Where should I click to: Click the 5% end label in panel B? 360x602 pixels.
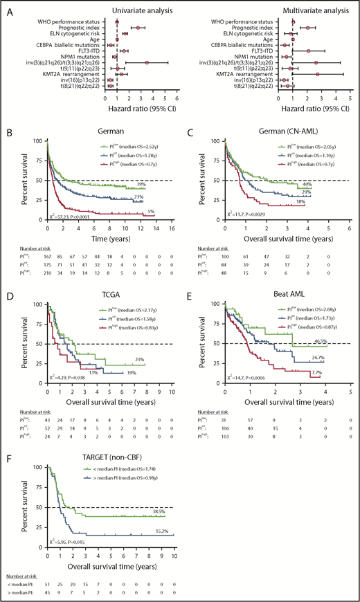click(x=159, y=211)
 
